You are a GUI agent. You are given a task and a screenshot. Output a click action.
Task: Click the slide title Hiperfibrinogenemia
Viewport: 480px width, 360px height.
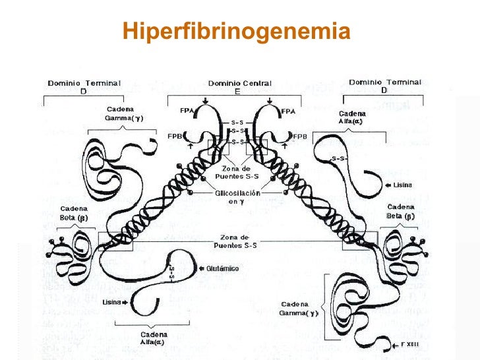coord(236,31)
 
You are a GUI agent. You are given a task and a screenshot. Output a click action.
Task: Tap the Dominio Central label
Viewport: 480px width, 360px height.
coord(239,83)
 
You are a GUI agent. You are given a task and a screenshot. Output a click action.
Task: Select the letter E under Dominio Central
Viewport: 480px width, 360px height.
coord(239,92)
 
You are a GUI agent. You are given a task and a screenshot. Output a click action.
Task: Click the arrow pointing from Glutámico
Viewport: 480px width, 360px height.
coord(200,268)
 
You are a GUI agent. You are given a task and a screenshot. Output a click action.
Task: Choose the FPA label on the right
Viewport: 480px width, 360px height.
coord(288,112)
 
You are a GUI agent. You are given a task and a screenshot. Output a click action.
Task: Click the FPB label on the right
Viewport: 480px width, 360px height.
coord(301,136)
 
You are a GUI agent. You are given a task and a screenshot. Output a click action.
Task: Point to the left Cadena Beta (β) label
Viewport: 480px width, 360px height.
coord(74,212)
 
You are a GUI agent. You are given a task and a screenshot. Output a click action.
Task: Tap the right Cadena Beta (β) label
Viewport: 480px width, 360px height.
coord(401,211)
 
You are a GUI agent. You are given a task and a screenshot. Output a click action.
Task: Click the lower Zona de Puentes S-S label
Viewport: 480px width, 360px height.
coord(236,241)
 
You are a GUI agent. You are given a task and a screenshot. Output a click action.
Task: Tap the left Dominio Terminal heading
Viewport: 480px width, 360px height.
coord(84,87)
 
